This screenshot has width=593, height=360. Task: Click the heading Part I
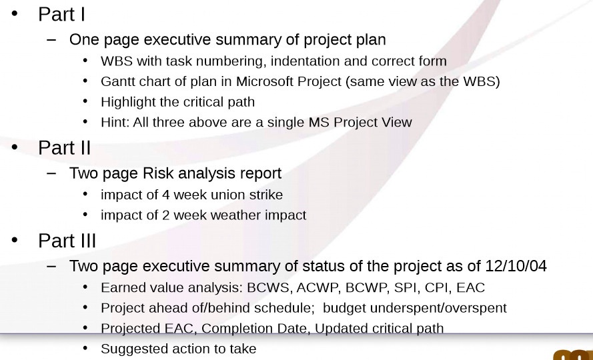point(61,14)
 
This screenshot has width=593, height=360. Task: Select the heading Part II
point(64,147)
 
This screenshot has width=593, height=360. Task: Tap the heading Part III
point(67,240)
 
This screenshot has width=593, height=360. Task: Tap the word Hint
point(113,122)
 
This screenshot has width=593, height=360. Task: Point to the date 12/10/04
point(516,266)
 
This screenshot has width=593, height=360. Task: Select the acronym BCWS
point(268,288)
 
